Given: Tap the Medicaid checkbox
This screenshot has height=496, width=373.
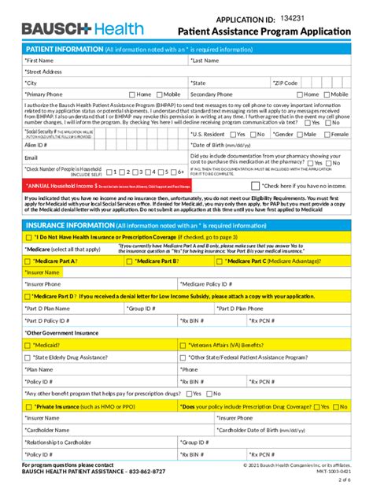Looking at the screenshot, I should point(28,345).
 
